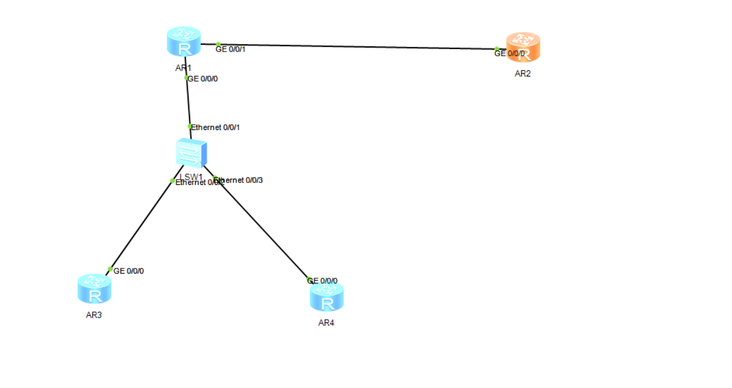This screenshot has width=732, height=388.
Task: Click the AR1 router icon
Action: (184, 42)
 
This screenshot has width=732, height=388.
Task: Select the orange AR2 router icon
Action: (523, 47)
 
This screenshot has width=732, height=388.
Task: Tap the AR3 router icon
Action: (94, 289)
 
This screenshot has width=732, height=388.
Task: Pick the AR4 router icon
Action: (327, 297)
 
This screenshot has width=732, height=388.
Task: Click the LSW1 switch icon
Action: (191, 153)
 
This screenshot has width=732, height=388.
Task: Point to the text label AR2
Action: (522, 74)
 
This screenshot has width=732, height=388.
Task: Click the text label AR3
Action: (94, 315)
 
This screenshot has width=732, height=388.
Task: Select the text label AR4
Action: (326, 323)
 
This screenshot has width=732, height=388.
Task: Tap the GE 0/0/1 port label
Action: (230, 49)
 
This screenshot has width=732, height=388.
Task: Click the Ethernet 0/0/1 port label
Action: (215, 128)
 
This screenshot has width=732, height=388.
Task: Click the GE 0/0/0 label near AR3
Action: (129, 271)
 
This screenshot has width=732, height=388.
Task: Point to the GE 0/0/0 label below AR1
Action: (203, 79)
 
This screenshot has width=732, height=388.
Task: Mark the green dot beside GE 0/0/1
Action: (218, 45)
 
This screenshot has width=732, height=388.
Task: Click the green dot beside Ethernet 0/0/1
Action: (190, 126)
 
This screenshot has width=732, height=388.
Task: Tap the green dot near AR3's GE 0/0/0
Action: (110, 269)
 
